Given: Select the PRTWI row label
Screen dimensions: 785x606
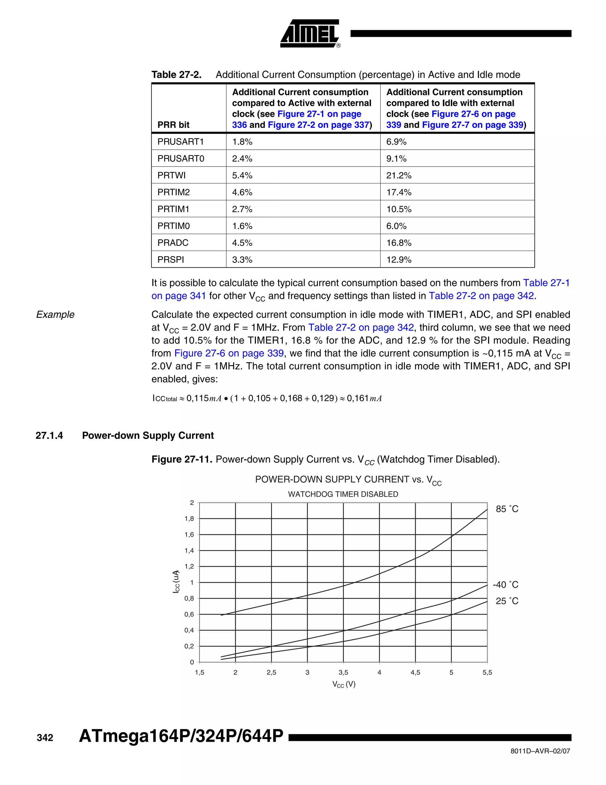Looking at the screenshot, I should (x=171, y=175).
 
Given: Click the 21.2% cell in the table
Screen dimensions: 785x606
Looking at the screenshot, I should (x=399, y=175).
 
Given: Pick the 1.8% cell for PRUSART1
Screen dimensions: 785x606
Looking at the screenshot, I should (x=242, y=142).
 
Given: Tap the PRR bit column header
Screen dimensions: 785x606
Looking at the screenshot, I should (x=173, y=125).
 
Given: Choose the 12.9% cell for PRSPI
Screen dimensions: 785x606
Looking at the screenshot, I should (x=399, y=259).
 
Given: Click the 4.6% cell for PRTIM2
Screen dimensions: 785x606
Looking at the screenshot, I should (x=242, y=192).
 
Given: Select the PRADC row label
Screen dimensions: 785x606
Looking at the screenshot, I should (x=173, y=243).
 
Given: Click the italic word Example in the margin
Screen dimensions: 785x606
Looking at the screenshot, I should (x=55, y=315).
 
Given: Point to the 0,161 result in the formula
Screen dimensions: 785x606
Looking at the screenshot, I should (x=357, y=398).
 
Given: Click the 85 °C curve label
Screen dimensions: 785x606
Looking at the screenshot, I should (x=507, y=509).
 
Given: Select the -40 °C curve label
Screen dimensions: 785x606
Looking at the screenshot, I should (x=505, y=584).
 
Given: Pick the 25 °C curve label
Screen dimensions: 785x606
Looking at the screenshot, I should (x=507, y=601).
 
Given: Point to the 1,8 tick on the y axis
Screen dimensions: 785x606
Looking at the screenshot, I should (x=189, y=519).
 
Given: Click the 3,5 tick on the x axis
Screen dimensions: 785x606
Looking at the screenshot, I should (x=343, y=672).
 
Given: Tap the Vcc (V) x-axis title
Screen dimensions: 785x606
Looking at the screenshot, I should (x=344, y=684).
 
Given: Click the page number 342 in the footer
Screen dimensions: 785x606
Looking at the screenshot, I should (x=45, y=738).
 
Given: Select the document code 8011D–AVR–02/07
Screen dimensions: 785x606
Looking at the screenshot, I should (x=540, y=751).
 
